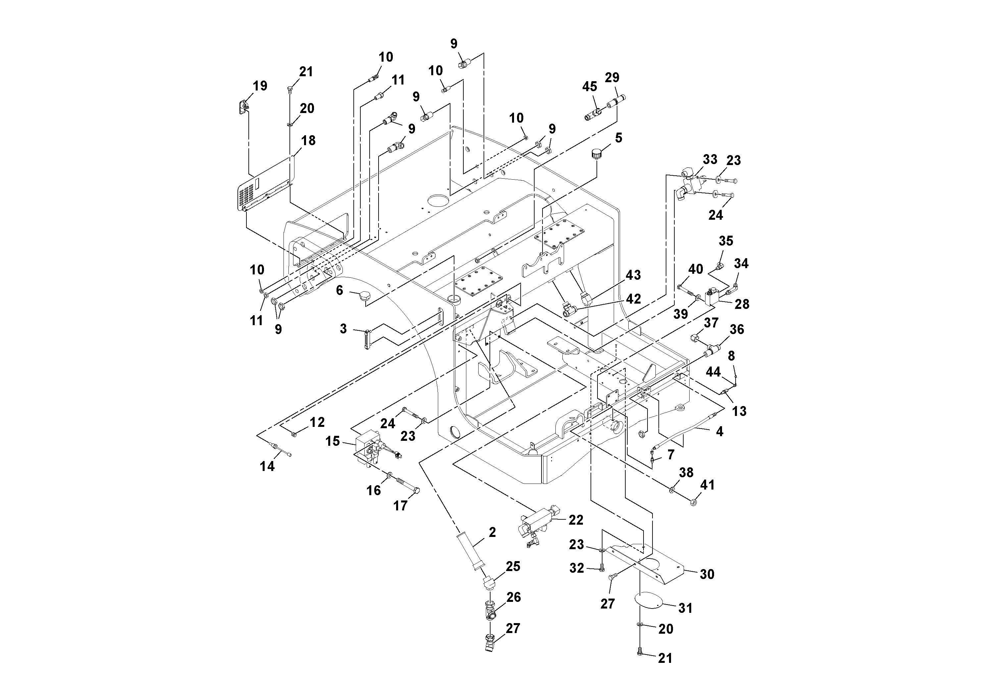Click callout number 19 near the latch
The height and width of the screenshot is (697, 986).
pos(260,86)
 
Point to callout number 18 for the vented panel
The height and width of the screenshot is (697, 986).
pos(308,141)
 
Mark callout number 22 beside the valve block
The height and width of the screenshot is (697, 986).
pos(576,520)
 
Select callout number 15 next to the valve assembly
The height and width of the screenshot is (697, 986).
pos(333,441)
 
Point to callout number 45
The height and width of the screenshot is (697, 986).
pos(590,87)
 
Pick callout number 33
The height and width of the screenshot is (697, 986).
pos(710,159)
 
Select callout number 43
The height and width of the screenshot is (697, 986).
pos(633,275)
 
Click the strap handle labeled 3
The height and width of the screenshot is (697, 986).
pos(366,340)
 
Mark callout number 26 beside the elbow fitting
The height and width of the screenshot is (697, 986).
pos(514,597)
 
